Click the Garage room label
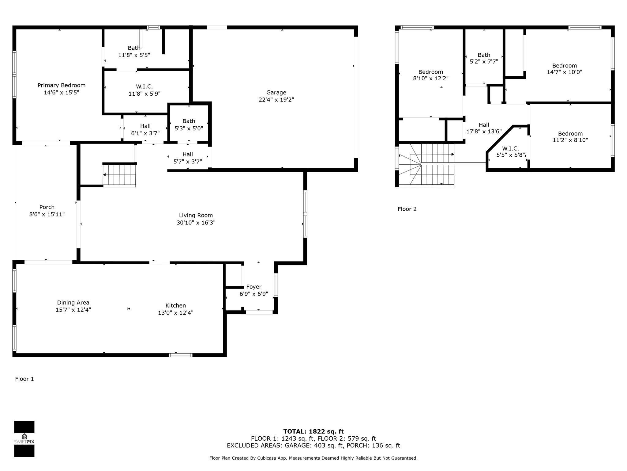276,92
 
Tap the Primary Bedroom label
62,85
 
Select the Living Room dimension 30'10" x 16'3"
196,223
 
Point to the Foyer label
254,287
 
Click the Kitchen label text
176,305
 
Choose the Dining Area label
73,303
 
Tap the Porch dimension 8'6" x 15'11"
47,214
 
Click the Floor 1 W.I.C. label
144,87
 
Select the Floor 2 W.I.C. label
510,148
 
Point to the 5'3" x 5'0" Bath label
189,125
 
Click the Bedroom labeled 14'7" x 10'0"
565,69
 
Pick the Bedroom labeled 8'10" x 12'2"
431,75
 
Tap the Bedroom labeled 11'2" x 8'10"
570,137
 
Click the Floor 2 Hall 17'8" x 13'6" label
484,128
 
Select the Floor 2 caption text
407,209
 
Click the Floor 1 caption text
24,379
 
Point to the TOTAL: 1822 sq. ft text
313,432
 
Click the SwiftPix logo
24,439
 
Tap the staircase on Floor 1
119,175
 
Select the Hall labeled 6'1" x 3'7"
145,130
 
